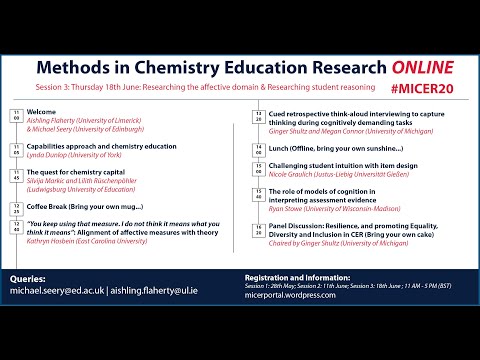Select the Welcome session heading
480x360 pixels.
(43, 112)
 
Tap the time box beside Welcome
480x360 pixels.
(16, 115)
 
